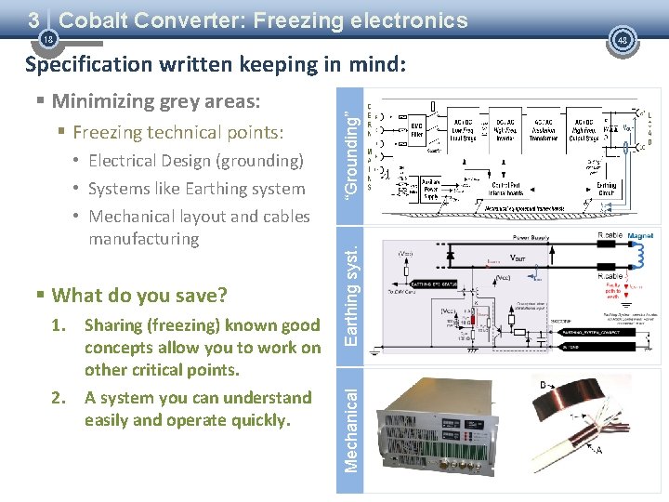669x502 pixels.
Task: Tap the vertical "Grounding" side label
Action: [350, 153]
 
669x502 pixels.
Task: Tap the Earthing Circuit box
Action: [606, 190]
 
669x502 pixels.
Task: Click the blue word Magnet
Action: [641, 236]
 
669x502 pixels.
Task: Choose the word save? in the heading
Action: [203, 296]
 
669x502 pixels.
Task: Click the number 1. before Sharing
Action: [60, 325]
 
